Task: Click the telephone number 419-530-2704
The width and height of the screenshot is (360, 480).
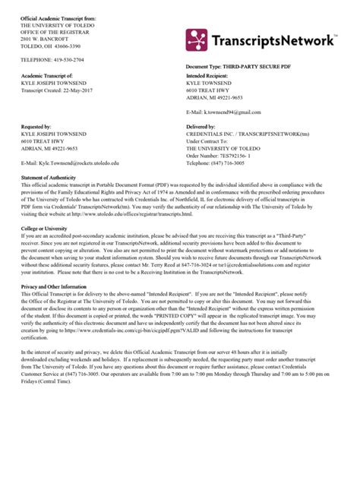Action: coord(63,58)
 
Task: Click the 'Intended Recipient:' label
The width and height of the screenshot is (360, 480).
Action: coord(211,76)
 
